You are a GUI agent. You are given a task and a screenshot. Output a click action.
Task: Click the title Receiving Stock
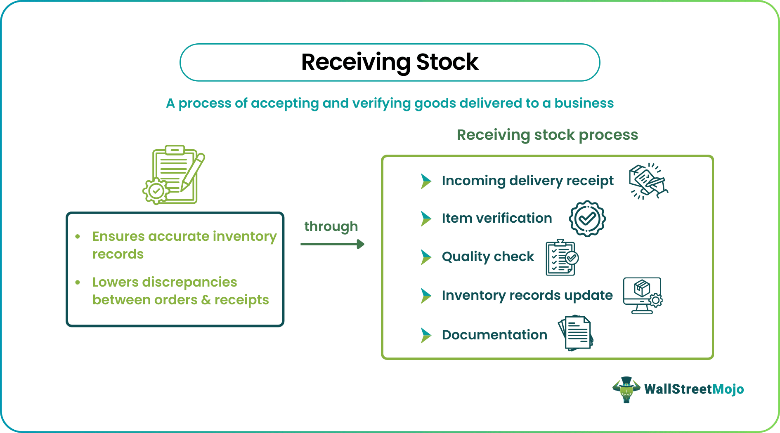[x=390, y=62]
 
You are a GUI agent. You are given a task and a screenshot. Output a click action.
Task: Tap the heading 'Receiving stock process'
[x=547, y=135]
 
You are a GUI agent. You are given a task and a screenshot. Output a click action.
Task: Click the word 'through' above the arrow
[x=331, y=226]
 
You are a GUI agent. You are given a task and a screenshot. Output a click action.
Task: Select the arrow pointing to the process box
[x=332, y=244]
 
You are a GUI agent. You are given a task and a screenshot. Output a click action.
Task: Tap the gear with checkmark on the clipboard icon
[x=156, y=191]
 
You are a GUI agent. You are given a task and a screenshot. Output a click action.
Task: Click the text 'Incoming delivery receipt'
[x=527, y=181]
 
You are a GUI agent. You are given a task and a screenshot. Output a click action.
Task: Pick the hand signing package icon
[x=648, y=181]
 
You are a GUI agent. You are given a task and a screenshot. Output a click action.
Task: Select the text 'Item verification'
[x=496, y=218]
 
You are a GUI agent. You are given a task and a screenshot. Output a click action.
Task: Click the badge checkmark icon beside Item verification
[x=587, y=219]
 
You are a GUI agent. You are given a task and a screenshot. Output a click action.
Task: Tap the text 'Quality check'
[x=487, y=257]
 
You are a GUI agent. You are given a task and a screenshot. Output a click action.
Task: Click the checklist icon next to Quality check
[x=561, y=258]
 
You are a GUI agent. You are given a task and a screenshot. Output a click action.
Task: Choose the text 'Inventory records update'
[x=527, y=295]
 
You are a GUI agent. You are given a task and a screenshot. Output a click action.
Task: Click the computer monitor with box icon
[x=642, y=295]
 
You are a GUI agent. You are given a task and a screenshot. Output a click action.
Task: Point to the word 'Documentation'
[x=494, y=335]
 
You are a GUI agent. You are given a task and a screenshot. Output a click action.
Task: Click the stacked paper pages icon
[x=576, y=333]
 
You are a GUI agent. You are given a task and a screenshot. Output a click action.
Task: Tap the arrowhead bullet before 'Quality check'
[x=425, y=257]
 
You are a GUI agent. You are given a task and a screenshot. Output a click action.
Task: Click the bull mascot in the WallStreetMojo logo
[x=626, y=389]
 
